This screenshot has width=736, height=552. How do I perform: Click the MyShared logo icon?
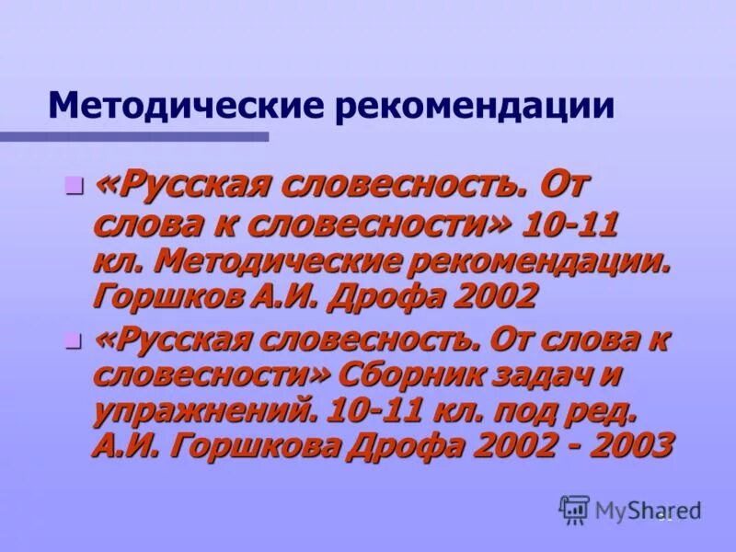click(x=574, y=509)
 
